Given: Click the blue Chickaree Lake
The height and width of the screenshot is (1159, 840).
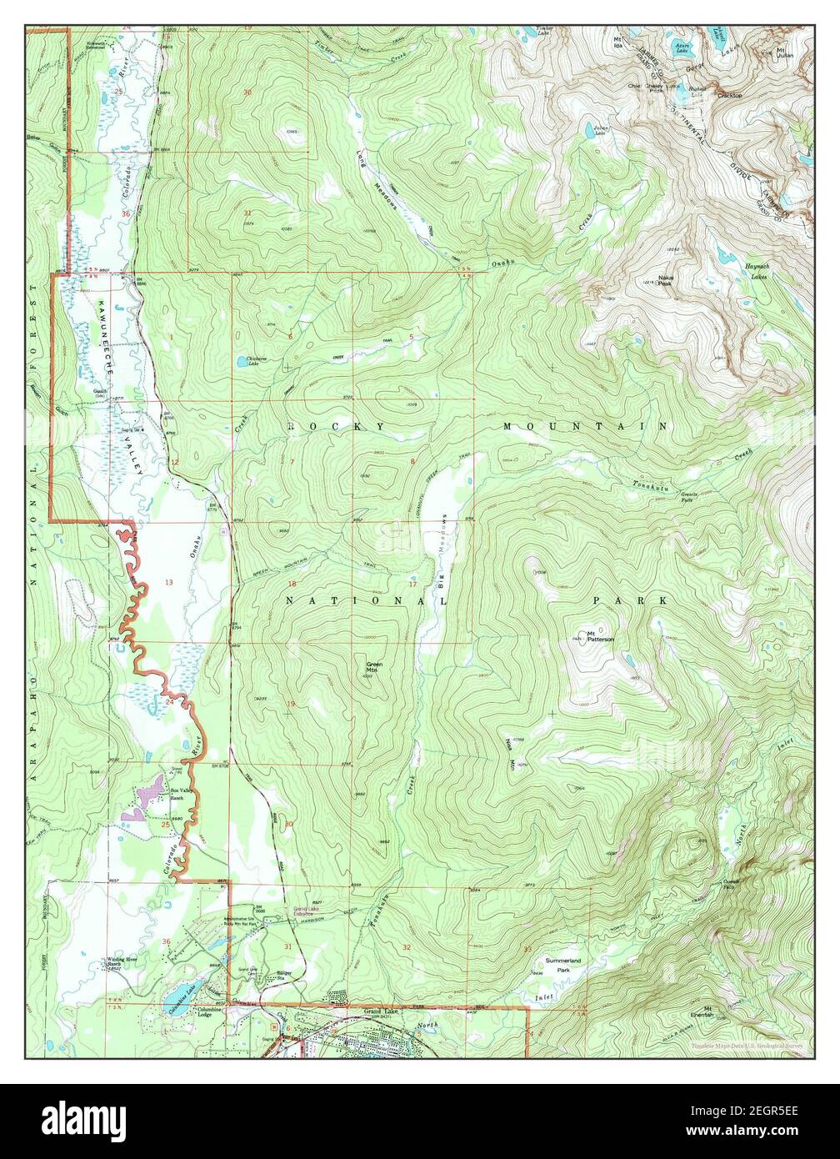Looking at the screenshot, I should pos(240,361).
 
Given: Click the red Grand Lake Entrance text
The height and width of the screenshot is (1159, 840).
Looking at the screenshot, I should pos(308,911).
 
